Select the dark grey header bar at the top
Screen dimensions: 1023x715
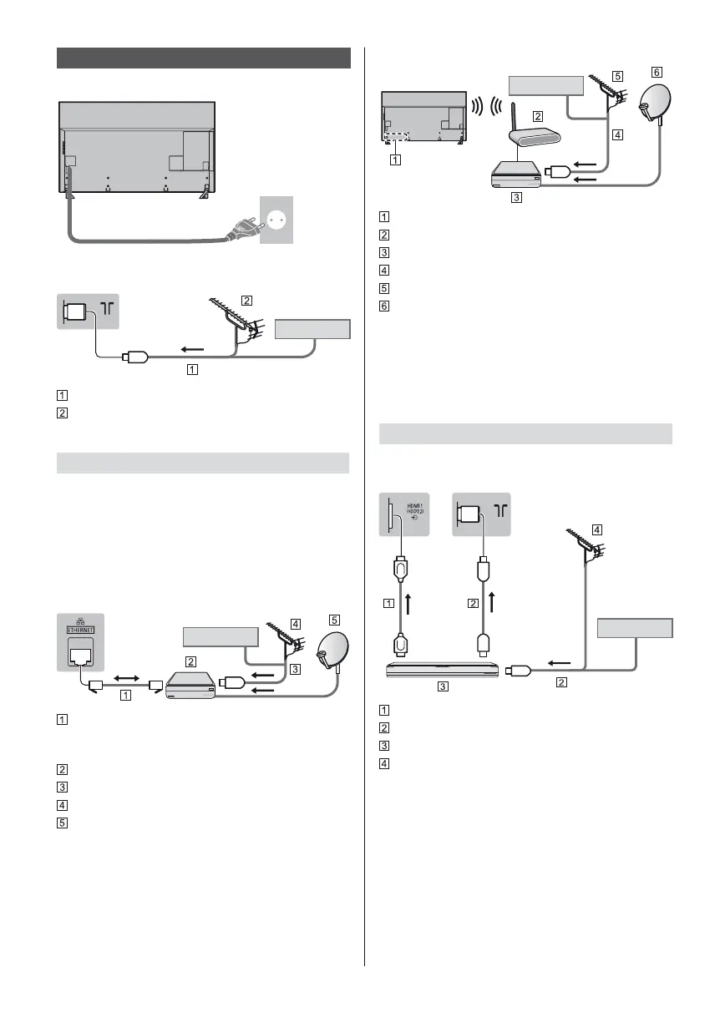coord(204,58)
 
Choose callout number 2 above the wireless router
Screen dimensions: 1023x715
coord(539,117)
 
